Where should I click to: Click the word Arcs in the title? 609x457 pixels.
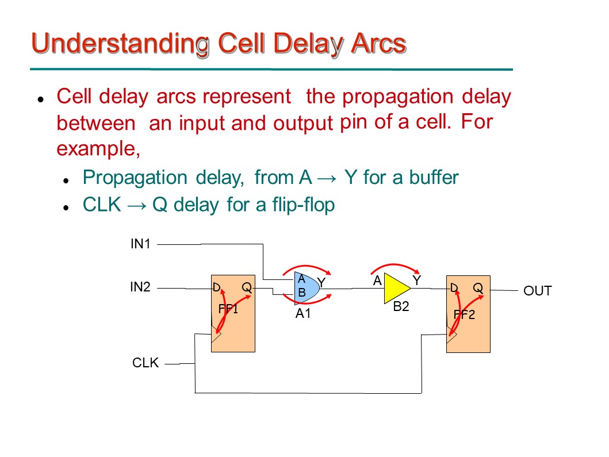coord(376,44)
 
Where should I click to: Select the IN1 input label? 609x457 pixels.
coord(140,244)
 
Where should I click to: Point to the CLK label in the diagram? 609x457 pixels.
coord(145,363)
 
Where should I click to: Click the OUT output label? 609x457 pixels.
coord(537,291)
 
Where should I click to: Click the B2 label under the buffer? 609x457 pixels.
coord(401,307)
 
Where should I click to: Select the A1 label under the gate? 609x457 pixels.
coord(303,314)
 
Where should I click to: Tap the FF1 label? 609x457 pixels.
coord(228,309)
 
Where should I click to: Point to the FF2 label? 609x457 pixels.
coord(464,315)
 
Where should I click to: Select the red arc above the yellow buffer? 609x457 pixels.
coord(397,265)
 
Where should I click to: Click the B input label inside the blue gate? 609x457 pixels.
coord(301,293)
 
